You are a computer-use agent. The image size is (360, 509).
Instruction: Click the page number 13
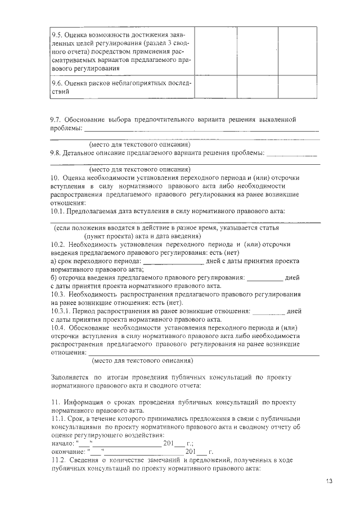[x=329, y=481]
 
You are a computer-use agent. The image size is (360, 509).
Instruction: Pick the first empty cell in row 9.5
[x=215, y=50]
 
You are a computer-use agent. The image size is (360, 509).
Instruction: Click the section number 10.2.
[x=58, y=245]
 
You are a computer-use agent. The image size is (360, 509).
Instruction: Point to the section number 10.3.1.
[x=61, y=311]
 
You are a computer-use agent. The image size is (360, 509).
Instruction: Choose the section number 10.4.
[x=58, y=327]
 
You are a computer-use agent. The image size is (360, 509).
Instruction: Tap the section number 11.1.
[x=58, y=418]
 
